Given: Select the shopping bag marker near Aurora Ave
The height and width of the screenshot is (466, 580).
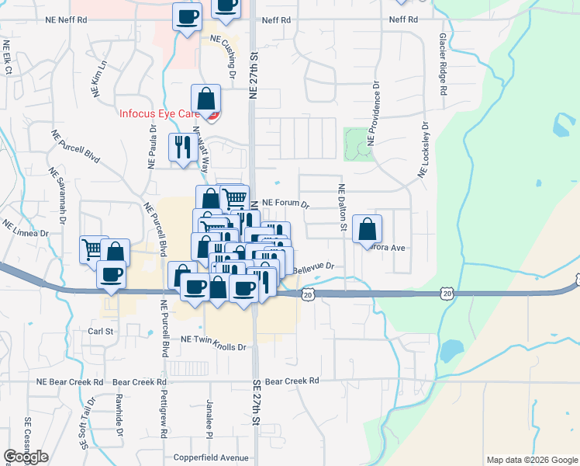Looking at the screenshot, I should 368,229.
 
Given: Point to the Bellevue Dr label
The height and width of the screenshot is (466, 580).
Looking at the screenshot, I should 314,266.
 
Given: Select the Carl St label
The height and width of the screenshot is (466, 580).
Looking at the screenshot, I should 101,331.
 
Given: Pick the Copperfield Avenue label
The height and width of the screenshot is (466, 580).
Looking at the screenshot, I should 211,458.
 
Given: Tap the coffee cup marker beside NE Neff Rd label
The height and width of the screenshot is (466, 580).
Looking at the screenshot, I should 186,18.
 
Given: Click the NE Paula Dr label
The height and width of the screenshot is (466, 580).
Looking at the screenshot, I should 151,144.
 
